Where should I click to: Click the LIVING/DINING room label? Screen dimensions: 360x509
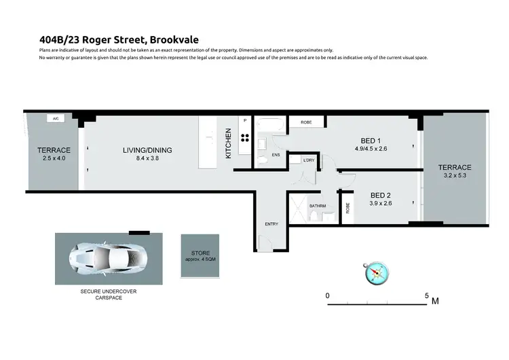[147, 150]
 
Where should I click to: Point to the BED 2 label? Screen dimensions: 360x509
[379, 193]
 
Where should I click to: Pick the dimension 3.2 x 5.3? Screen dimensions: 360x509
[455, 176]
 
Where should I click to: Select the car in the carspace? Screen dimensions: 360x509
[109, 258]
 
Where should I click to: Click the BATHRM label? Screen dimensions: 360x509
[318, 205]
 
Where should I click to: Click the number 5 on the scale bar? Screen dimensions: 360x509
[427, 295]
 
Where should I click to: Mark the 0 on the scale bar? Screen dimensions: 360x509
[328, 295]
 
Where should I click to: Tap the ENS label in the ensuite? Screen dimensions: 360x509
[276, 154]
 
